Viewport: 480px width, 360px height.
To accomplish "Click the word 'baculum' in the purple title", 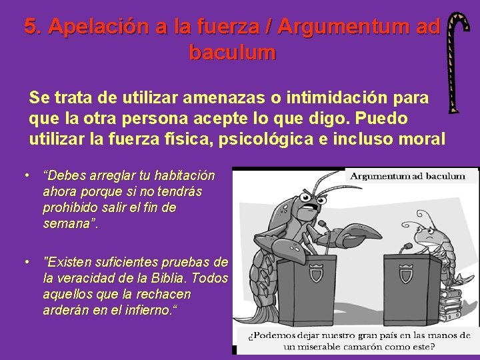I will (232, 51).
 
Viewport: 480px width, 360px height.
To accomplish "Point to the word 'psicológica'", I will (288, 140).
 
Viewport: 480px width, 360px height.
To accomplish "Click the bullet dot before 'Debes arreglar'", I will (24, 175).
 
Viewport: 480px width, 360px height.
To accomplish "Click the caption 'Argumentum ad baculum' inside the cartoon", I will (413, 177).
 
